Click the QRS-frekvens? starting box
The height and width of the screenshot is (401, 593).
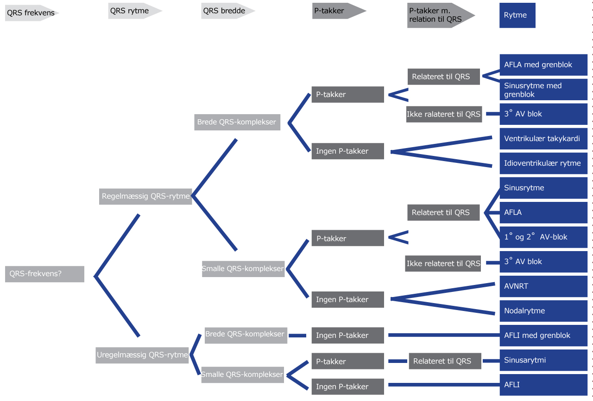[x=44, y=274]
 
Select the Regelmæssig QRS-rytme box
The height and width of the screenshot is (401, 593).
[x=146, y=196]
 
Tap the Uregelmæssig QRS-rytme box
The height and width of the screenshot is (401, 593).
[x=142, y=356]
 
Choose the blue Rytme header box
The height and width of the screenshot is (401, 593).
[x=517, y=15]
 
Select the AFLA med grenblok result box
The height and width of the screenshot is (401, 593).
[x=543, y=65]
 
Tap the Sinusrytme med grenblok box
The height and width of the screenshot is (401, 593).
[x=543, y=90]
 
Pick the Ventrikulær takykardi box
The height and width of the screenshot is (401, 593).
[x=543, y=139]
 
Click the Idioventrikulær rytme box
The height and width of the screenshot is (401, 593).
[x=543, y=163]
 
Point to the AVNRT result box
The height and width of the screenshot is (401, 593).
[x=543, y=286]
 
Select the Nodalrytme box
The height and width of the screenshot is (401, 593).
[x=543, y=311]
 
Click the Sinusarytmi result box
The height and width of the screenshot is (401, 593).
[x=543, y=360]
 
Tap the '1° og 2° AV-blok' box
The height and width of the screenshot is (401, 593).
[x=543, y=237]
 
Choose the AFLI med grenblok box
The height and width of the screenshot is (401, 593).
[x=543, y=336]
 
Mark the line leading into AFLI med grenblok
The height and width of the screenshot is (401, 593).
[x=442, y=335]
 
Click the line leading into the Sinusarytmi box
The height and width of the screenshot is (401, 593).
[x=490, y=361]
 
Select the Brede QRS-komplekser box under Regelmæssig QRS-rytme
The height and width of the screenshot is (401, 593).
[x=237, y=123]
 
